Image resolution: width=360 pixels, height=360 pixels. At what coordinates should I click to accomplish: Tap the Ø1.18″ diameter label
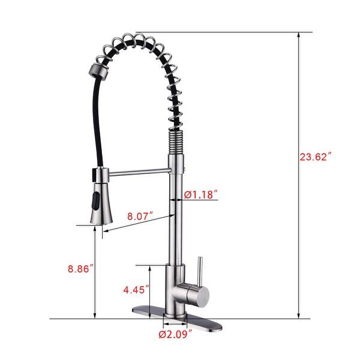[200, 194]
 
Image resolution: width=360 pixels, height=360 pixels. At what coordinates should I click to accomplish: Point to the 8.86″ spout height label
[78, 269]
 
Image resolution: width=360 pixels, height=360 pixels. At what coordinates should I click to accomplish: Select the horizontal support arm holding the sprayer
[139, 175]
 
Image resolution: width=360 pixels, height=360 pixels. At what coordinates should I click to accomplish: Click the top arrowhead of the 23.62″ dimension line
[299, 35]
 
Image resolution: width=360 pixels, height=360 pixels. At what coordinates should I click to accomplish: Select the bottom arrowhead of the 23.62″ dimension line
[299, 316]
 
